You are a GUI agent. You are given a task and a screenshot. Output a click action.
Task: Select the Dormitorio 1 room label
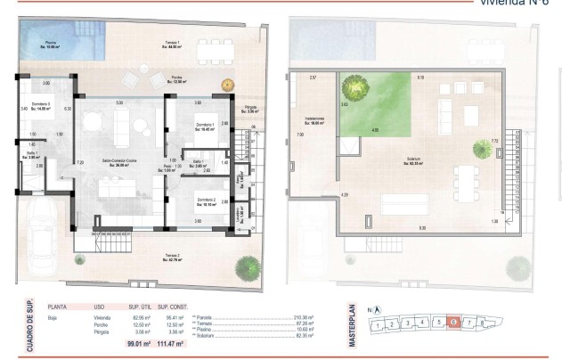point(205,127)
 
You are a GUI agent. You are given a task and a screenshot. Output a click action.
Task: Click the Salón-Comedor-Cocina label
point(119,161)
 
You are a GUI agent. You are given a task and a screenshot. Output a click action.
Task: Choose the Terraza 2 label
point(172,259)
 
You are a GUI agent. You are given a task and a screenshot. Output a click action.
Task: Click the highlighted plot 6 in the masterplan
point(454,323)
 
